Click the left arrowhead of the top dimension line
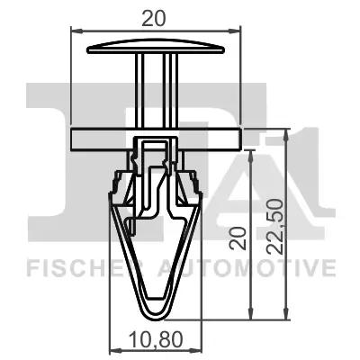pyautogui.click(x=76, y=31)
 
